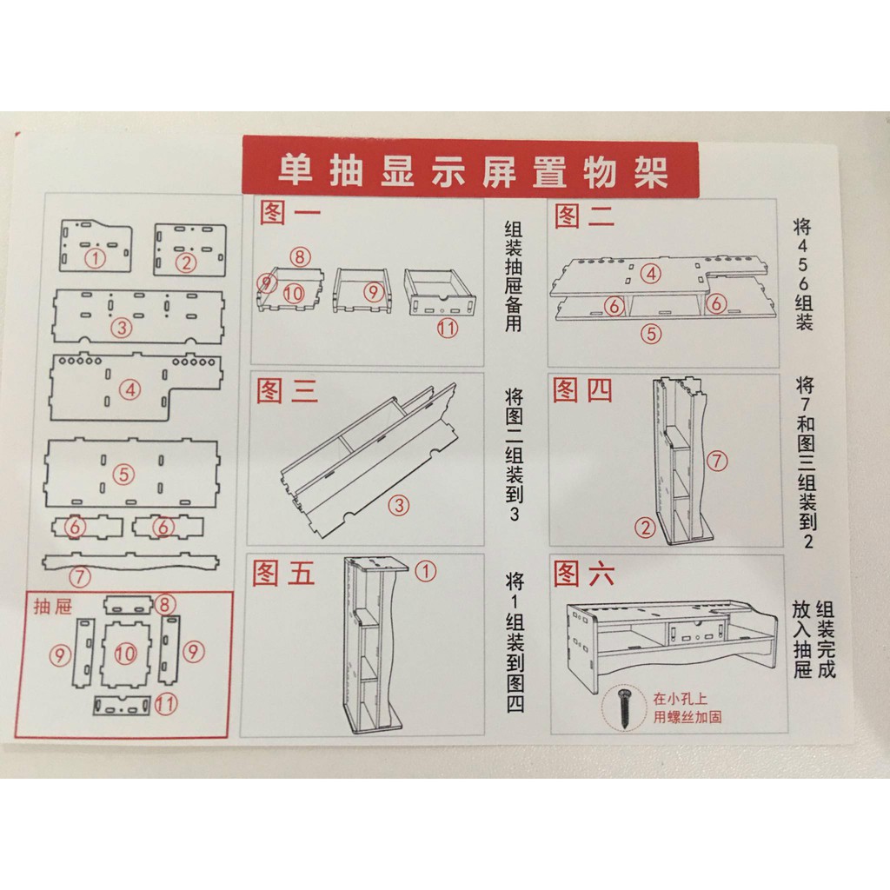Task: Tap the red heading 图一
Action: (289, 214)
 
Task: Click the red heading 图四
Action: (582, 390)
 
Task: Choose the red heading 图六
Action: (583, 575)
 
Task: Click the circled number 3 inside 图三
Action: (399, 505)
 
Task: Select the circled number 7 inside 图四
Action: (717, 462)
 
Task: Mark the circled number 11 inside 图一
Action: (447, 328)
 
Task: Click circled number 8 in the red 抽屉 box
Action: (166, 604)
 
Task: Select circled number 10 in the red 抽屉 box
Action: (127, 654)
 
